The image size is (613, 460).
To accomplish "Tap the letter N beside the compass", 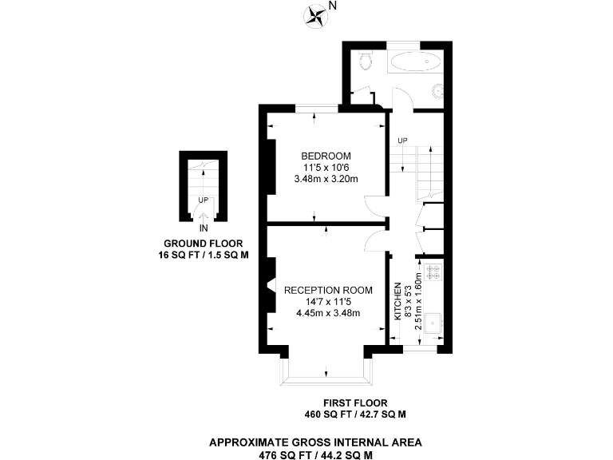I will pos(333,7).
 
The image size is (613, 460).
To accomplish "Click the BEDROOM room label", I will pos(326,155).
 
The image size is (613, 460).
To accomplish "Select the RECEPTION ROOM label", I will pos(328,290).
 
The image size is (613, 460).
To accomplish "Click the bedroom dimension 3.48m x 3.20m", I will pos(326,179).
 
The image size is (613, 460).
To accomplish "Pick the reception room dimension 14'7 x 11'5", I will pos(328,302).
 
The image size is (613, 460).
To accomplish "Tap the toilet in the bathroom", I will pos(366,61).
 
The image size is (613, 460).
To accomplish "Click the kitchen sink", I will pos(435,323).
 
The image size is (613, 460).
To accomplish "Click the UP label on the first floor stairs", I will pos(402,141).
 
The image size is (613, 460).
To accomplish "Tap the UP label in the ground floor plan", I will pos(204,200).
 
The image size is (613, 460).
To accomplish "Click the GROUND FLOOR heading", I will pos(204,243).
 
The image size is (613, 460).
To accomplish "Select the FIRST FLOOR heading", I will pos(355,402).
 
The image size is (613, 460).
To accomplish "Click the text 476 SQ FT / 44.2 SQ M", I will pos(315,454).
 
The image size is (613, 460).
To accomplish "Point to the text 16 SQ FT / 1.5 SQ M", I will pos(204,256).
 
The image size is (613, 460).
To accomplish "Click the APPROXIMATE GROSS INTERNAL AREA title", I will pos(315,442).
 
